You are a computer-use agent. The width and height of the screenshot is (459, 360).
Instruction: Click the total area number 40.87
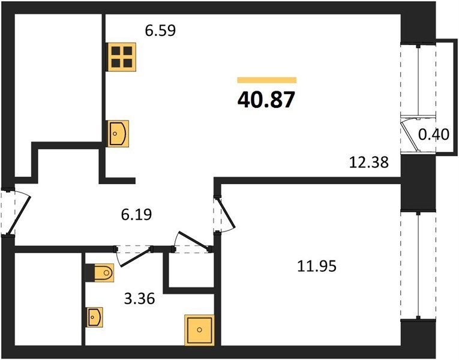[x=266, y=100]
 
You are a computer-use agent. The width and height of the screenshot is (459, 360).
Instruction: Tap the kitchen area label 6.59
[x=160, y=31]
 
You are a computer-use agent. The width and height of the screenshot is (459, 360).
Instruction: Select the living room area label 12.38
[x=369, y=162]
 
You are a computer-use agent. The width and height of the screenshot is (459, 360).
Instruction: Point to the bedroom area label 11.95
[x=317, y=266]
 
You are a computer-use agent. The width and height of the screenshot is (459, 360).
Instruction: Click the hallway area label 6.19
[x=136, y=215]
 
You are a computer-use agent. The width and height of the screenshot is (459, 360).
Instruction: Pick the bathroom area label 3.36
[x=139, y=299]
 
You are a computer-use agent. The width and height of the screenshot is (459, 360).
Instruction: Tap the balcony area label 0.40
[x=434, y=134]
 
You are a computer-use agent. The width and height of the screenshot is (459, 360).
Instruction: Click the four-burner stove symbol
[x=122, y=57]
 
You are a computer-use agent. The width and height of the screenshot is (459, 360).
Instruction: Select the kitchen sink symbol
[x=119, y=133]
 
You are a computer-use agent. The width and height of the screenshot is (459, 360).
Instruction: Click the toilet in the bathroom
[x=100, y=273]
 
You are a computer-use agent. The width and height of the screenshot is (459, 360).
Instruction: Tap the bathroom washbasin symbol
[x=94, y=317]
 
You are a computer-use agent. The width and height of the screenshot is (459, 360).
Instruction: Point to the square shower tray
[x=199, y=330]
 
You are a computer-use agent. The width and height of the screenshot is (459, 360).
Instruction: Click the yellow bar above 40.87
[x=267, y=80]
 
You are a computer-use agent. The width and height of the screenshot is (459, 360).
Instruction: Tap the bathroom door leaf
[x=137, y=257]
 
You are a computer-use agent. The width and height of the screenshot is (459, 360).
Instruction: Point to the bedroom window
[x=419, y=265]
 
